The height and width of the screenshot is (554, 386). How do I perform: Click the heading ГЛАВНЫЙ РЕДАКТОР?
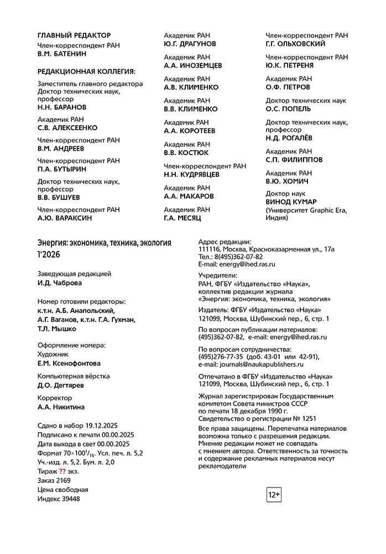click(74, 35)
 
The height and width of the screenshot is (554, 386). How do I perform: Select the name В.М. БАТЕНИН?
click(62, 54)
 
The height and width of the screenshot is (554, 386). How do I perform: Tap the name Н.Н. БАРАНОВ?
click(62, 106)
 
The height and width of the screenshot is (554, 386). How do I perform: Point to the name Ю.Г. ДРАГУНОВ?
click(190, 44)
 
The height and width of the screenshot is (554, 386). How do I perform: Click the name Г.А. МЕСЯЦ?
click(183, 218)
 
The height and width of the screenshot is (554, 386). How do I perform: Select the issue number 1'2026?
click(49, 254)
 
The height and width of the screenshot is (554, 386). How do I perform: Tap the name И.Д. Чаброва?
click(60, 283)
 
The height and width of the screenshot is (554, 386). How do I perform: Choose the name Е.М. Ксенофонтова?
click(69, 363)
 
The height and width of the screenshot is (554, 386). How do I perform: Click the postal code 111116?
click(210, 249)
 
